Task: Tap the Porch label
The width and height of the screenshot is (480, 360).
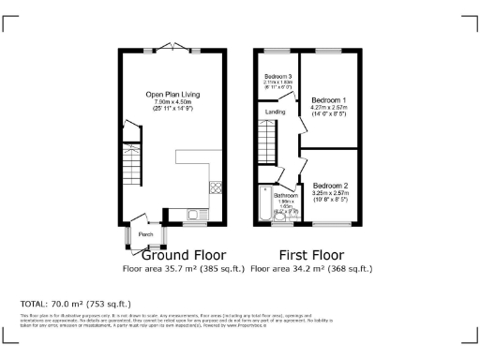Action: [x=145, y=233]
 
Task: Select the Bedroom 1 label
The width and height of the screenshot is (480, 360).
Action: [x=329, y=100]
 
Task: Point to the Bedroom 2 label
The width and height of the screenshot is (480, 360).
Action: [x=331, y=185]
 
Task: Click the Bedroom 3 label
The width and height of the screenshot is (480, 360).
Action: [x=277, y=76]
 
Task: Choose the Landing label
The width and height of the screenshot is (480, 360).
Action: [x=276, y=112]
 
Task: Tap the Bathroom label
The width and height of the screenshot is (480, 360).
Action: [x=284, y=195]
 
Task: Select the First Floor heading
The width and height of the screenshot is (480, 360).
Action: [x=311, y=255]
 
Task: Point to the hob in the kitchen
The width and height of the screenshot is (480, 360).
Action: [x=216, y=187]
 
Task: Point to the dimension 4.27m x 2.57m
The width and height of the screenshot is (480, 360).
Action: [x=329, y=108]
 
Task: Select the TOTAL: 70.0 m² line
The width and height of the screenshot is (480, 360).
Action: [x=75, y=304]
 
